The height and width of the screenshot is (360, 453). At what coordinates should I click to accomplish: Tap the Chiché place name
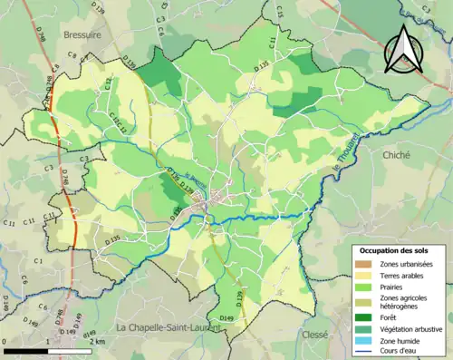(398, 155)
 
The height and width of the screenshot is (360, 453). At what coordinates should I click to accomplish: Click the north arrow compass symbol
(401, 49)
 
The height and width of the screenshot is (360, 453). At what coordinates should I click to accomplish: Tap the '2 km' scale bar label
(98, 340)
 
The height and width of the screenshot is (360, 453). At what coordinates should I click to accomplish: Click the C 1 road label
(39, 261)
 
